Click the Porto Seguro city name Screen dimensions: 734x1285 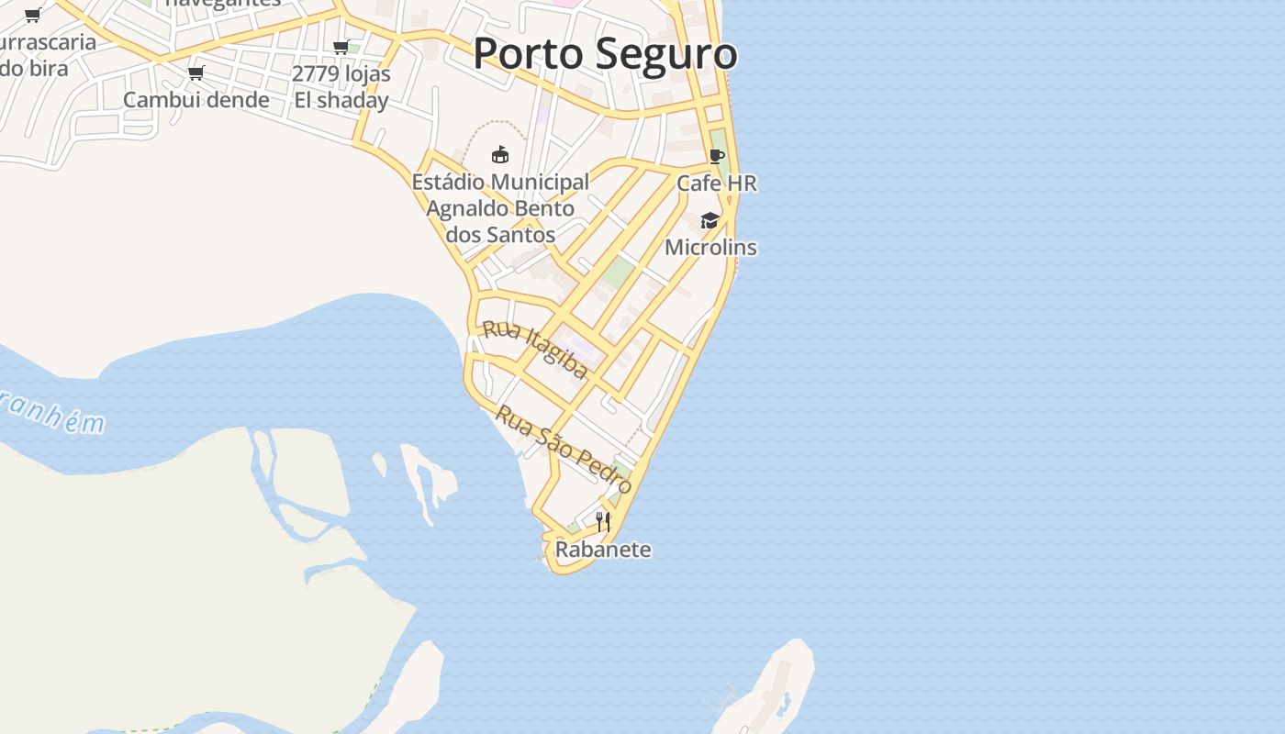pos(605,53)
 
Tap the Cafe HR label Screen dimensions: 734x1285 pos(717,183)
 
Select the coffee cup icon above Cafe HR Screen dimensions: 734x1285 pos(717,157)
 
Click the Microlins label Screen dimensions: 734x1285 pos(710,248)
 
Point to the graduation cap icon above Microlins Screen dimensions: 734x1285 pos(710,221)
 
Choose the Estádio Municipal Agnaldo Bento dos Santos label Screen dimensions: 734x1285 pos(500,208)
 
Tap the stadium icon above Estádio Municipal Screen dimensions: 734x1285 pos(500,154)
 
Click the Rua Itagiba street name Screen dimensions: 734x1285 pos(535,350)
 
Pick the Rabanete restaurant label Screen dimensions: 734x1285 pos(603,550)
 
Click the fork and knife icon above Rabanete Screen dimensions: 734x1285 pos(603,522)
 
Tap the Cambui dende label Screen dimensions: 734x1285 pos(196,100)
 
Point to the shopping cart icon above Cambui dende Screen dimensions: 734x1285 pos(196,73)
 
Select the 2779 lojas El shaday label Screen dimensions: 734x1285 pos(341,87)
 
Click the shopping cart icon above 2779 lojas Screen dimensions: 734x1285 pos(341,48)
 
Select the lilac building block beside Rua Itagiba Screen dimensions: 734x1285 pos(575,346)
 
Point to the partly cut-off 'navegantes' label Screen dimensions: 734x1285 pos(223,4)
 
